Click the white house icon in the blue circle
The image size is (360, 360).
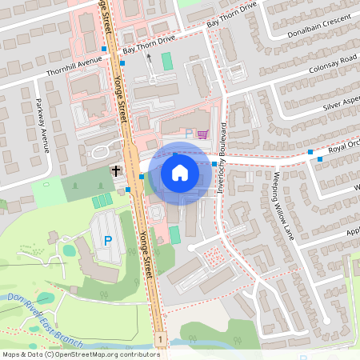(180, 173)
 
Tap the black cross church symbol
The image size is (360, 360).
(116, 170)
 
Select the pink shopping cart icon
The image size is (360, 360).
(202, 134)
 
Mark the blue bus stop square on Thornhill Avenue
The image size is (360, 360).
(104, 50)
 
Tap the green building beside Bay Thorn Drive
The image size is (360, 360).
(167, 61)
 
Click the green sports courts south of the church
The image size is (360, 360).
(102, 200)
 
